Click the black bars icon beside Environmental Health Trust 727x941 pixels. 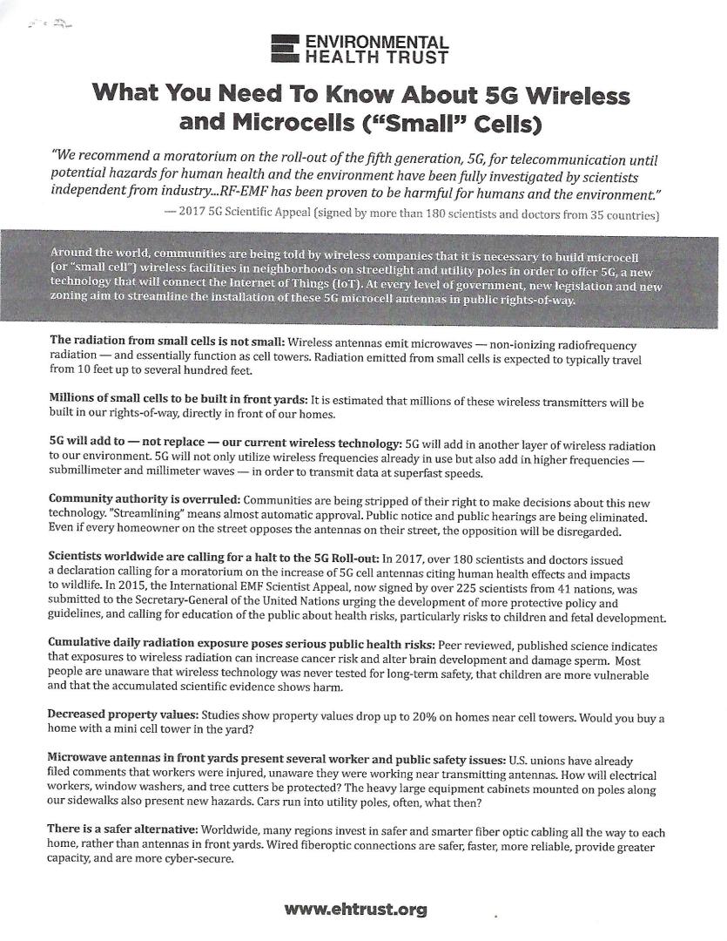[x=286, y=50]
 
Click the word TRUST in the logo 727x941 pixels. [x=420, y=58]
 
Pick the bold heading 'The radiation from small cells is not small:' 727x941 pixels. [x=166, y=345]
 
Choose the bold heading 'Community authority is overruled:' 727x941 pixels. [x=144, y=498]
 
